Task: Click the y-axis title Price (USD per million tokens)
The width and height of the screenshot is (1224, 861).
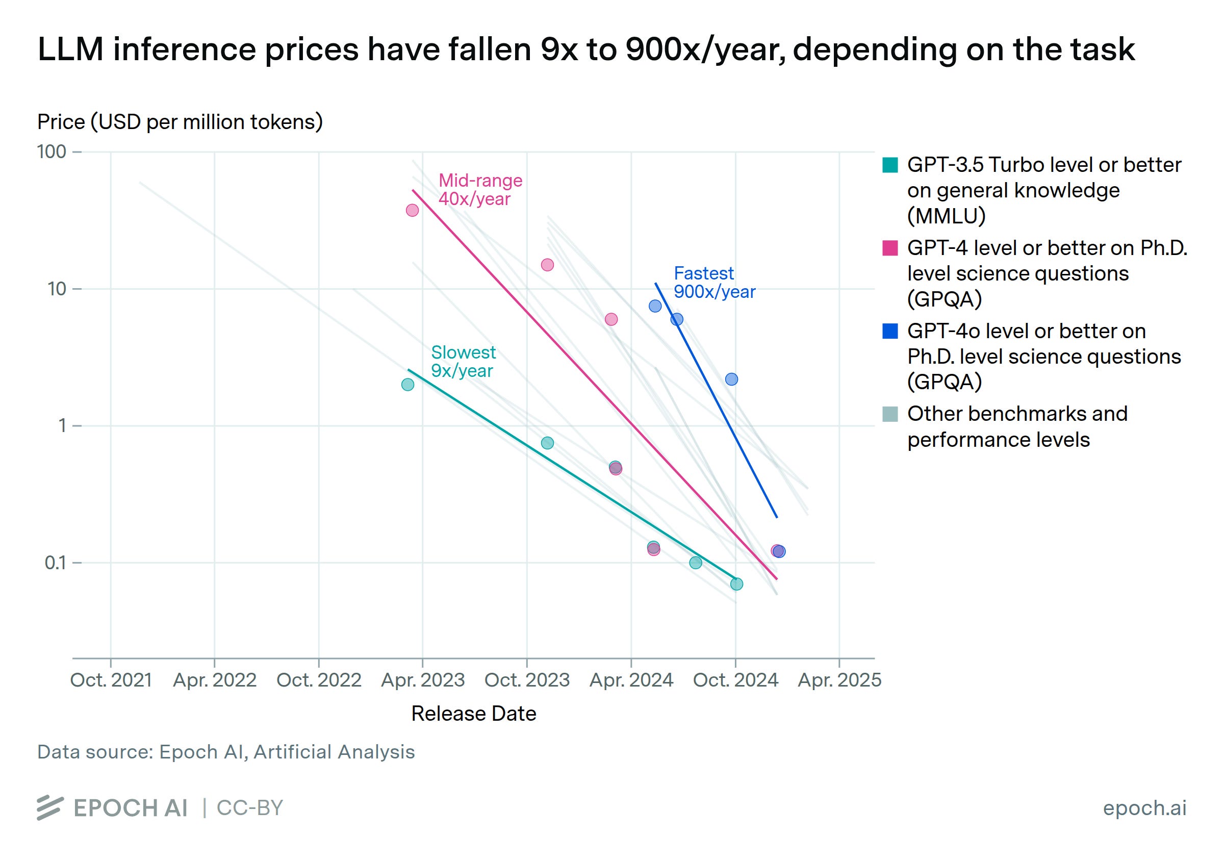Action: (x=180, y=122)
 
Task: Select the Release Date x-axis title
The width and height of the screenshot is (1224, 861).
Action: (x=473, y=713)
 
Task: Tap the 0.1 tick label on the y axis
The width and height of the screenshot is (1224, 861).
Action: (x=56, y=563)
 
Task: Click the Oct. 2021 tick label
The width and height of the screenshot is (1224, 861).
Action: (x=111, y=680)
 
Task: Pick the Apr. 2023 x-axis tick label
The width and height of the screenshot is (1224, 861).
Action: (x=423, y=680)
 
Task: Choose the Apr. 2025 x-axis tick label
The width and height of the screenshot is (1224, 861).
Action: (x=839, y=680)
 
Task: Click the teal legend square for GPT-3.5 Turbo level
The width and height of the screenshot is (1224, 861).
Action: (x=890, y=165)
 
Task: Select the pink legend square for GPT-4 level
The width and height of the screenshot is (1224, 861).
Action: (x=890, y=248)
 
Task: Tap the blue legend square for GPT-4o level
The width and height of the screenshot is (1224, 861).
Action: (x=890, y=331)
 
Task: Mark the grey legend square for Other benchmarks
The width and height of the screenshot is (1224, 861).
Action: (x=890, y=414)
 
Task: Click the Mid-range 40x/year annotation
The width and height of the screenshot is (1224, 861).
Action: (x=480, y=190)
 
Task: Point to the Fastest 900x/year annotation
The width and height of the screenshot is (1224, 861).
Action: (x=715, y=283)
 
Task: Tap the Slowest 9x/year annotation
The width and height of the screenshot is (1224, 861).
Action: (x=463, y=362)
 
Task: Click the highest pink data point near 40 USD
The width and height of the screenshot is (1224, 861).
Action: (x=412, y=211)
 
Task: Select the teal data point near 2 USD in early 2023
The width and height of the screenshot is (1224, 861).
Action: (x=408, y=385)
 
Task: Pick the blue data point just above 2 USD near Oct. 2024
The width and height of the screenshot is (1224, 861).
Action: (x=731, y=379)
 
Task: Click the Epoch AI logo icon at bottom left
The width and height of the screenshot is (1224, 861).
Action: (x=50, y=807)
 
